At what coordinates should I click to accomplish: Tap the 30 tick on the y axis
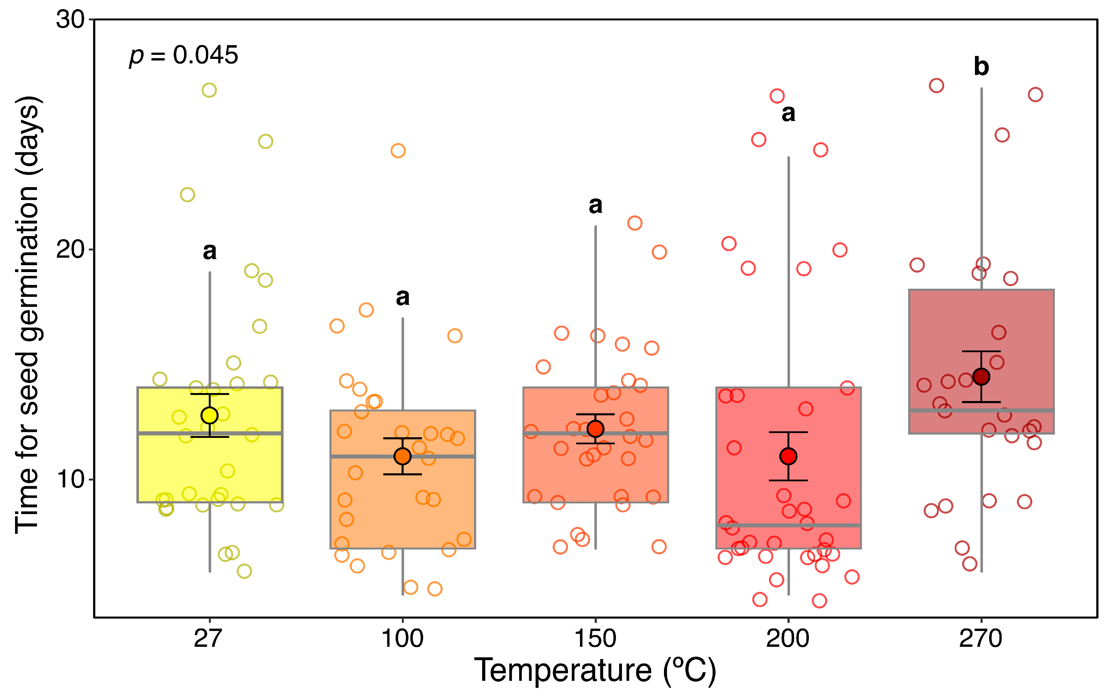tap(71, 20)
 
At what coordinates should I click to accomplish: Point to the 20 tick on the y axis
tap(71, 250)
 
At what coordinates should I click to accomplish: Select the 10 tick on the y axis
tap(71, 479)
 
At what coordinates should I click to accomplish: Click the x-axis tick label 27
tap(208, 639)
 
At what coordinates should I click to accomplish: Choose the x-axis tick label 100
tap(402, 639)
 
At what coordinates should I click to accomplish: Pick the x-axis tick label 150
tap(595, 639)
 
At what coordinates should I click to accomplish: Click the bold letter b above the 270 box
tap(981, 67)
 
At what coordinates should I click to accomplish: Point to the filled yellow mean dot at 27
tap(209, 415)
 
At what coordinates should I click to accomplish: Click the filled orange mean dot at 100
tap(402, 456)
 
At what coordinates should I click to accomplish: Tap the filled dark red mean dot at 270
tap(981, 376)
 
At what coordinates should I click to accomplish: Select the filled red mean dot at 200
tap(788, 456)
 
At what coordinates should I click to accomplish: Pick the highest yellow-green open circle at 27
tap(209, 90)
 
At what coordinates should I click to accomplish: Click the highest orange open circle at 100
tap(398, 150)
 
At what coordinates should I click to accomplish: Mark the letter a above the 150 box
tap(595, 206)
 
